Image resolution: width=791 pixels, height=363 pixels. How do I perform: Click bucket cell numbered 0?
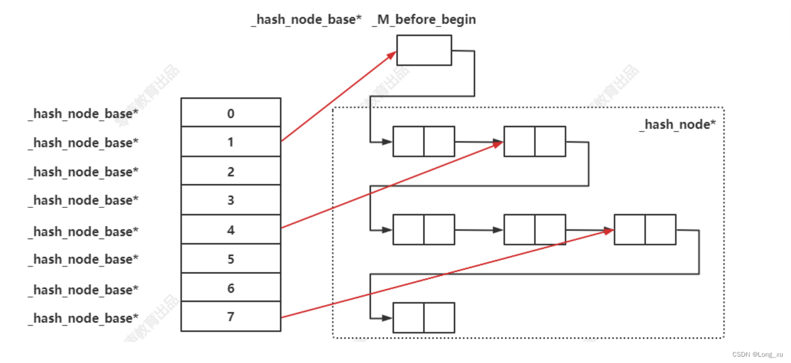tap(231, 113)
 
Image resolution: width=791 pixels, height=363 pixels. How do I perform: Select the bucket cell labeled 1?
tap(231, 142)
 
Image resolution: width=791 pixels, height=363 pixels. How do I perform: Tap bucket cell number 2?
tap(231, 171)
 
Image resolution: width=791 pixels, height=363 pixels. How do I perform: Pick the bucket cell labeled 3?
tap(231, 200)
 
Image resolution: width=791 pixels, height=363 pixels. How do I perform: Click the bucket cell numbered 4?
tap(231, 229)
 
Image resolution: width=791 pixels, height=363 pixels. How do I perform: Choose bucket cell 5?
tap(231, 258)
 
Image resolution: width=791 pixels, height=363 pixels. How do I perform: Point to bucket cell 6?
tap(231, 288)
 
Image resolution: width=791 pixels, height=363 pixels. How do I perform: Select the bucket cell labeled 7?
tap(231, 317)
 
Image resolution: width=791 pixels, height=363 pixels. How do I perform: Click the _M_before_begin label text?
tap(424, 20)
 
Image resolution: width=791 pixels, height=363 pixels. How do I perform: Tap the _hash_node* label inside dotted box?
tap(677, 124)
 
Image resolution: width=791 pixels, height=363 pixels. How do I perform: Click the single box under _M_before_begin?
tap(424, 50)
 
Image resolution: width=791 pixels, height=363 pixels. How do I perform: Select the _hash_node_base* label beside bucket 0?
tap(83, 113)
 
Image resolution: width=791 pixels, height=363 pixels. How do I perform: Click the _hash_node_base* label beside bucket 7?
tap(83, 318)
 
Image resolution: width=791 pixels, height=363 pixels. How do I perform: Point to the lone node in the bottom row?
tap(424, 317)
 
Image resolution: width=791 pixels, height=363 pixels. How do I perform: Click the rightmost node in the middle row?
tap(645, 229)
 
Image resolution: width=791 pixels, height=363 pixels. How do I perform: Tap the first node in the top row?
tap(424, 141)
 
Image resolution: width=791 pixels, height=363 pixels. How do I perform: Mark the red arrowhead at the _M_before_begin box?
tap(392, 54)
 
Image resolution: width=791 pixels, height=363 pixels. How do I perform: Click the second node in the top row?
tap(534, 141)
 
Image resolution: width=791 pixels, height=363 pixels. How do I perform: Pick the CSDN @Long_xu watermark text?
tap(757, 355)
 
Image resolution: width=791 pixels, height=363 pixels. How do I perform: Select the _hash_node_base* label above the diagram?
tap(306, 20)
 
